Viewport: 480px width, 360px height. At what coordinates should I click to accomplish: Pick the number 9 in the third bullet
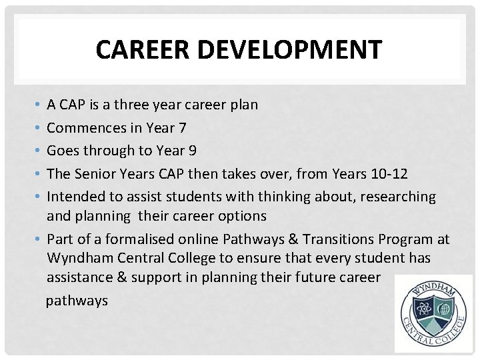(x=192, y=151)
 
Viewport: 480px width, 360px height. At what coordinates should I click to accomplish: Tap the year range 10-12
(x=389, y=173)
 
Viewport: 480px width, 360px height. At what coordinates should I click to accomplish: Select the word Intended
(x=74, y=197)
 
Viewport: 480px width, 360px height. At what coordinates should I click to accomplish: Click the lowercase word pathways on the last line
(x=77, y=301)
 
